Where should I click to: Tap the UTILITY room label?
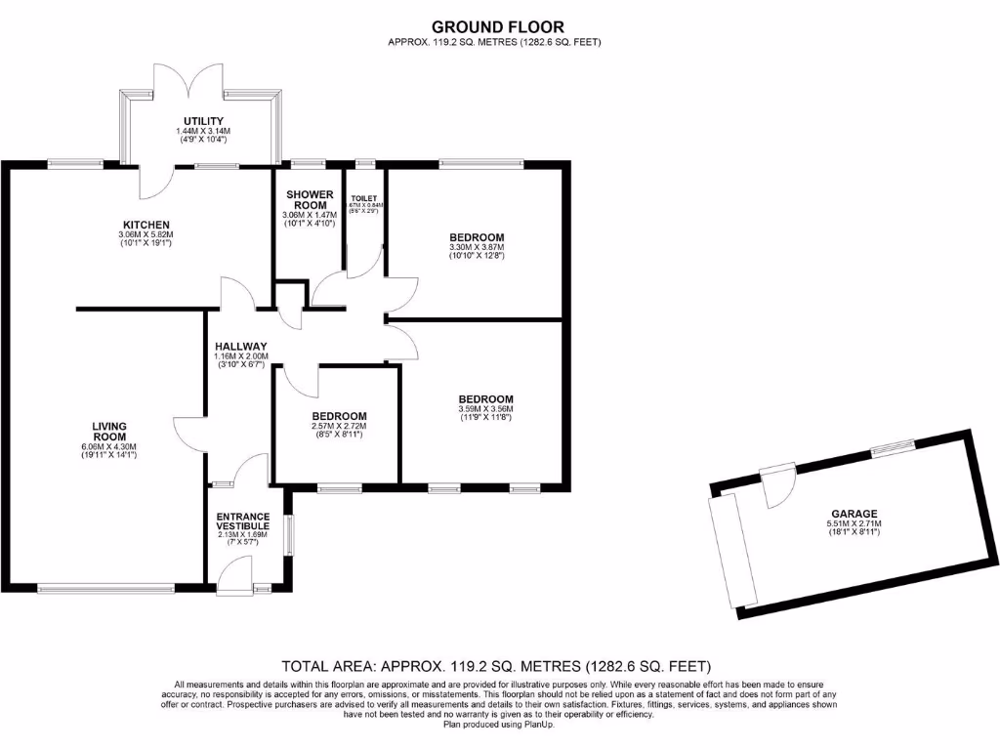click(x=202, y=121)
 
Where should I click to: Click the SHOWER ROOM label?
click(x=309, y=199)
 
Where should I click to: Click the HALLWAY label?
click(x=240, y=346)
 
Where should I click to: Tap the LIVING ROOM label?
click(x=109, y=432)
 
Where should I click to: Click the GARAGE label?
click(x=854, y=514)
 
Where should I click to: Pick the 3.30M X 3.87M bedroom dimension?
click(x=477, y=248)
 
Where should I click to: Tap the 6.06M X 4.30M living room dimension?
click(x=109, y=447)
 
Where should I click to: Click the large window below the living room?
click(x=106, y=588)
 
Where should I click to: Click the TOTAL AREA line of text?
click(x=489, y=667)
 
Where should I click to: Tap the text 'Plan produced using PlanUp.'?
click(x=498, y=724)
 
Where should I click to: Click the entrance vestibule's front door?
click(x=233, y=575)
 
